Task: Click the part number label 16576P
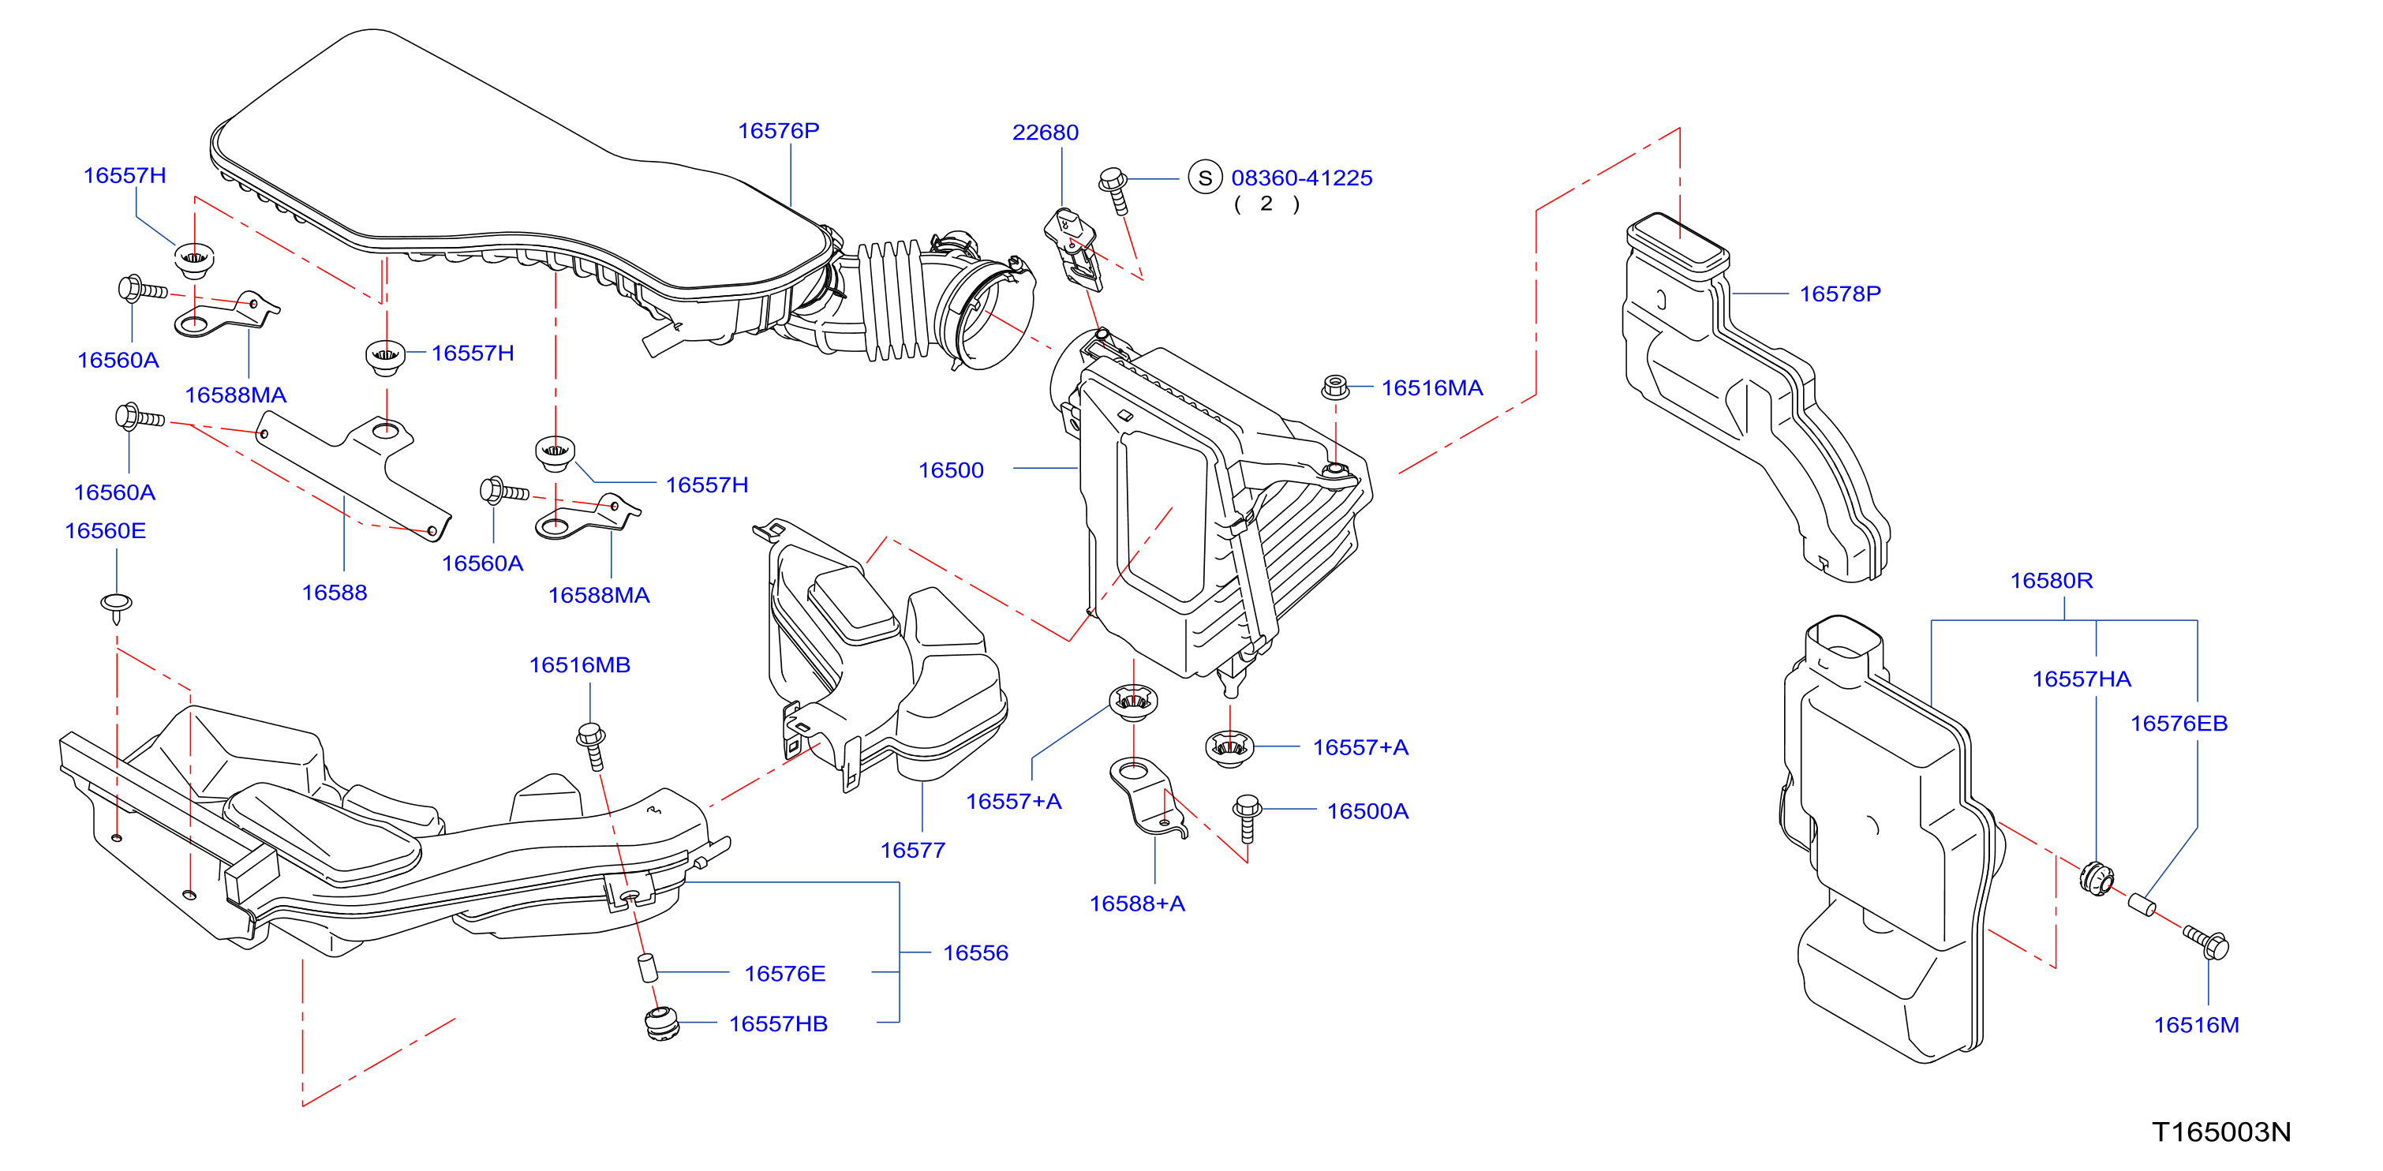778,130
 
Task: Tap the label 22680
1046,133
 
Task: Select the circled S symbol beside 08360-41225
1204,178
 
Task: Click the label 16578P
1840,294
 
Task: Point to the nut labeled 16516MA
1334,387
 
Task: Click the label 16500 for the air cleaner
951,470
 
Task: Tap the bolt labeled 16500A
1247,817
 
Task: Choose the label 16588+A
1137,904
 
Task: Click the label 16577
913,850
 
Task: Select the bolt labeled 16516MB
592,746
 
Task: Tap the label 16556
976,952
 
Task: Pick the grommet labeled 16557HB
661,1025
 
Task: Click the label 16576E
784,973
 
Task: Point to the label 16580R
2051,580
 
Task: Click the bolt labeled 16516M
2207,942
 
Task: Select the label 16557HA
2082,679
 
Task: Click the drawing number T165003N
2221,1132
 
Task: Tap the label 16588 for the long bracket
334,592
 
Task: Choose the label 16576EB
2179,724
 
